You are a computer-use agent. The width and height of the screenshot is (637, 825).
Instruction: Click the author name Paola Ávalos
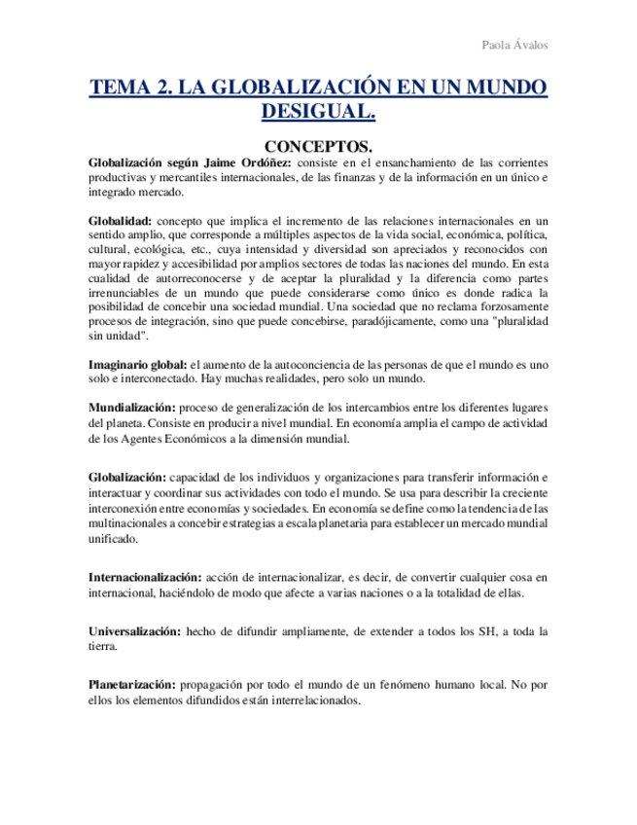514,46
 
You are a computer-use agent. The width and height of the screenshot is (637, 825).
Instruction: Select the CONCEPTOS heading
319,145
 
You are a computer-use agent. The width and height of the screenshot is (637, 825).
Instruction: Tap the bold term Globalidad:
120,221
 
